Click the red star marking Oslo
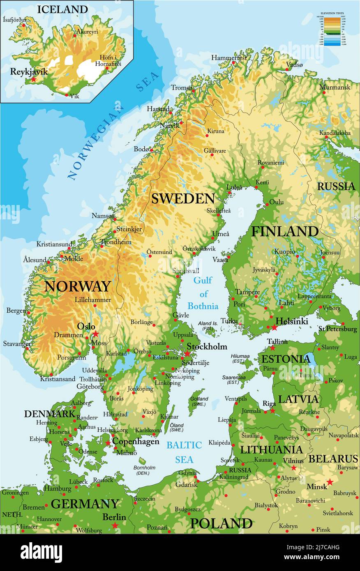click(x=96, y=334)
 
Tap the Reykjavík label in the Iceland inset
click(x=29, y=71)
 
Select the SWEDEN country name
click(x=183, y=198)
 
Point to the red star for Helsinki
click(x=274, y=327)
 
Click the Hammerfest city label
click(x=229, y=58)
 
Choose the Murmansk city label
click(x=335, y=87)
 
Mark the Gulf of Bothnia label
click(x=203, y=293)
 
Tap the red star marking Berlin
click(x=115, y=525)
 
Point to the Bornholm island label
click(x=144, y=470)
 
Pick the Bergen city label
click(x=16, y=311)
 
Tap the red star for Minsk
click(x=330, y=482)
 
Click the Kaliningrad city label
click(x=233, y=477)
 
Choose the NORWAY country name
click(x=77, y=286)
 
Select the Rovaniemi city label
click(x=270, y=163)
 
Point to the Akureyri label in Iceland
click(x=87, y=32)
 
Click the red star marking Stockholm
click(x=187, y=353)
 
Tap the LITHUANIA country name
click(x=271, y=449)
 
